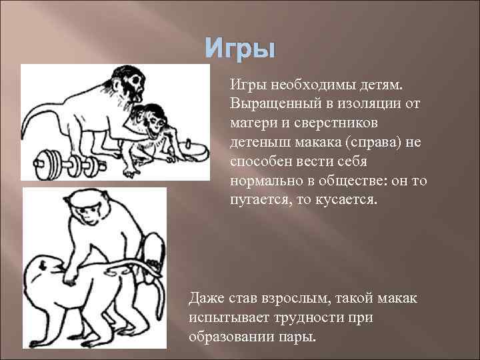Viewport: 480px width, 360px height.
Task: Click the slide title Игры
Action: (x=239, y=49)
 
